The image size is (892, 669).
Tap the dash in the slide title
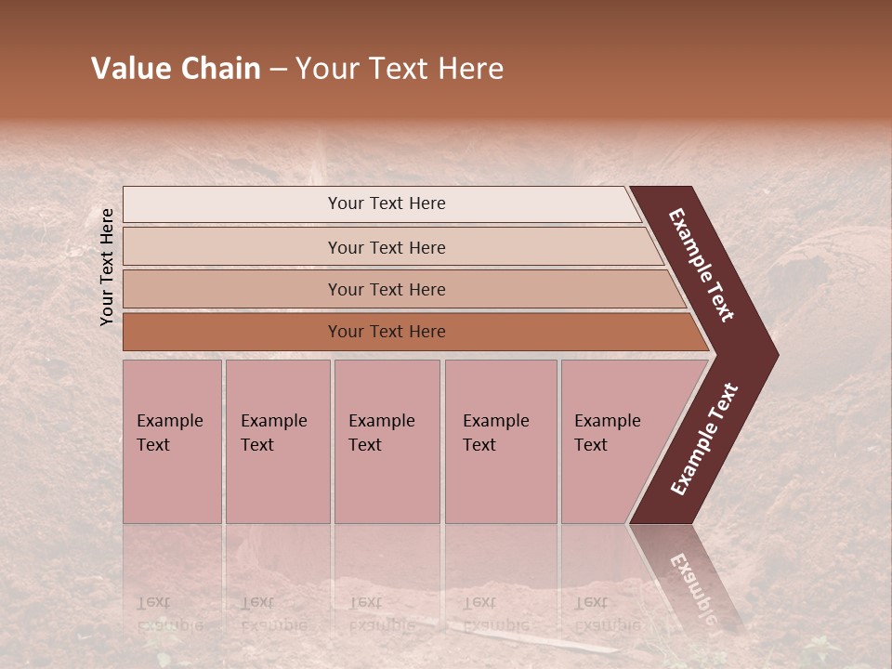(x=278, y=69)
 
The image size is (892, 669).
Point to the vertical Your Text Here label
(x=107, y=267)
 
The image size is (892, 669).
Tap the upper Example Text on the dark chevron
(x=702, y=265)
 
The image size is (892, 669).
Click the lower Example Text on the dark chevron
(x=704, y=439)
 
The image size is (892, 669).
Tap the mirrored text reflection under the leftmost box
(x=170, y=614)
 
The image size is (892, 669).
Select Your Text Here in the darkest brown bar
(x=387, y=332)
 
